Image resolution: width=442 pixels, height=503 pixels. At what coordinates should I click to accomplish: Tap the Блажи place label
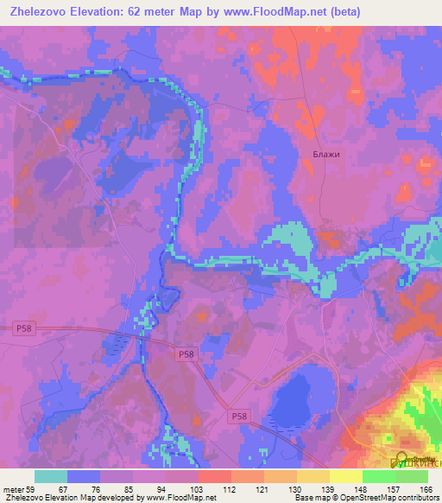coord(326,155)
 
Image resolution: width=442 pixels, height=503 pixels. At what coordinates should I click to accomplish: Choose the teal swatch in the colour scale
coord(51,476)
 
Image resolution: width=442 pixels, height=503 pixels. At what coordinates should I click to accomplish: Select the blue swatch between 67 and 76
coord(84,476)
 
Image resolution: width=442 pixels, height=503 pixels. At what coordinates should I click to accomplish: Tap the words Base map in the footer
coord(310,498)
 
